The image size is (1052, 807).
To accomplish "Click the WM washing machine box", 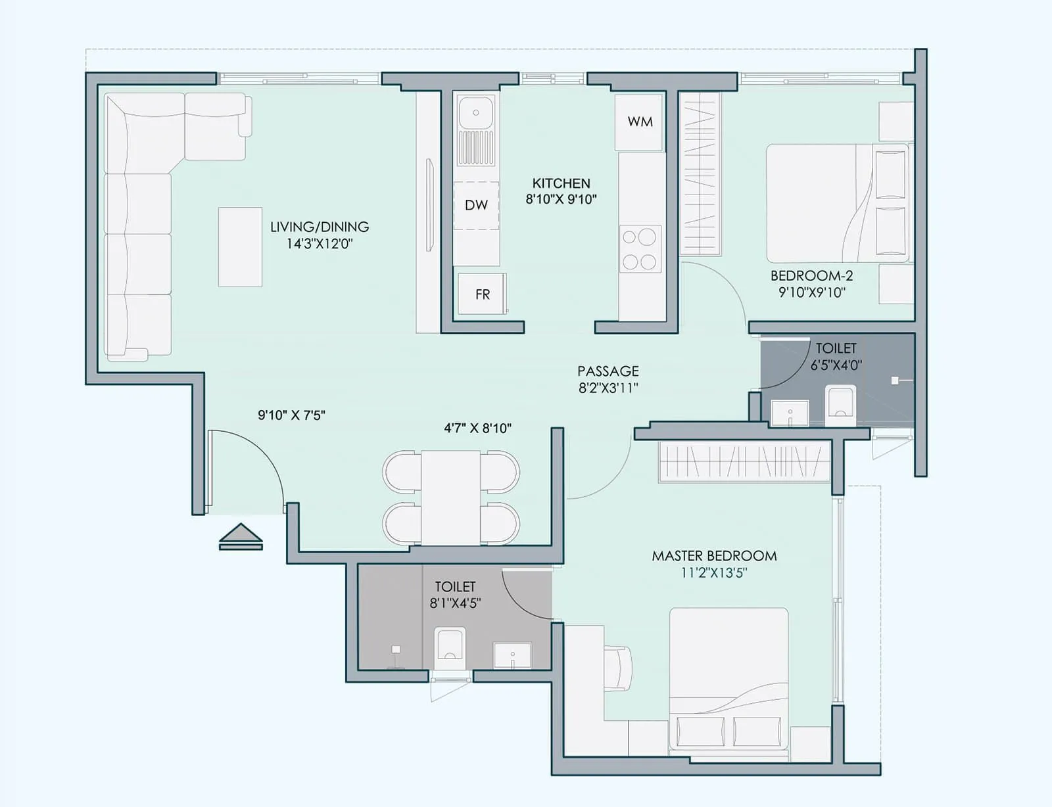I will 639,122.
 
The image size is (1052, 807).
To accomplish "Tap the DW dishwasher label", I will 476,205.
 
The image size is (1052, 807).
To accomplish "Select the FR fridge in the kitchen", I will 483,294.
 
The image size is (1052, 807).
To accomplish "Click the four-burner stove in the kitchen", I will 640,249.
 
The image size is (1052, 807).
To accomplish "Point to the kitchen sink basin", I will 476,112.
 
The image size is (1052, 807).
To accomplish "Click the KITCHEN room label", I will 561,183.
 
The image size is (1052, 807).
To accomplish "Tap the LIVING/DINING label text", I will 320,227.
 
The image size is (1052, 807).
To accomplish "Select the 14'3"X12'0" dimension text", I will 320,244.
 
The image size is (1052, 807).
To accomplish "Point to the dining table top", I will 451,497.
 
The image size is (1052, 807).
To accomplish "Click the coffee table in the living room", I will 240,246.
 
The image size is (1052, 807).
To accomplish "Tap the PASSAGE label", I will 608,371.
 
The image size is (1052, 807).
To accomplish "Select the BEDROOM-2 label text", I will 811,276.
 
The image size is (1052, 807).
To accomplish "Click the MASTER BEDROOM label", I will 714,556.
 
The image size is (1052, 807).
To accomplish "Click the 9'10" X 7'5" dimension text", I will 291,415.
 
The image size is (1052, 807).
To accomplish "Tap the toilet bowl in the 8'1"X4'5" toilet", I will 450,645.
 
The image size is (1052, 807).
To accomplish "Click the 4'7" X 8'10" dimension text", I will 477,428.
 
